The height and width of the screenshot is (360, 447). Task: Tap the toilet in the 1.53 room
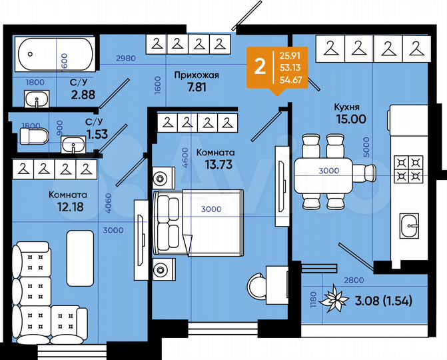tap(33, 137)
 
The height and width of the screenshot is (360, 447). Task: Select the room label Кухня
tap(348, 106)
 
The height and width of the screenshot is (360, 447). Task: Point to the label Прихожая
tap(196, 75)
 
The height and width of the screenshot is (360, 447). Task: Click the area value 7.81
tap(196, 87)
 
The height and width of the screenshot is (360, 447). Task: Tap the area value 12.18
tap(66, 207)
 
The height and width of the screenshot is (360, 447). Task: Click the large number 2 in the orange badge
tap(260, 67)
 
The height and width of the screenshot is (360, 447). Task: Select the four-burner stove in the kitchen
tap(409, 169)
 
